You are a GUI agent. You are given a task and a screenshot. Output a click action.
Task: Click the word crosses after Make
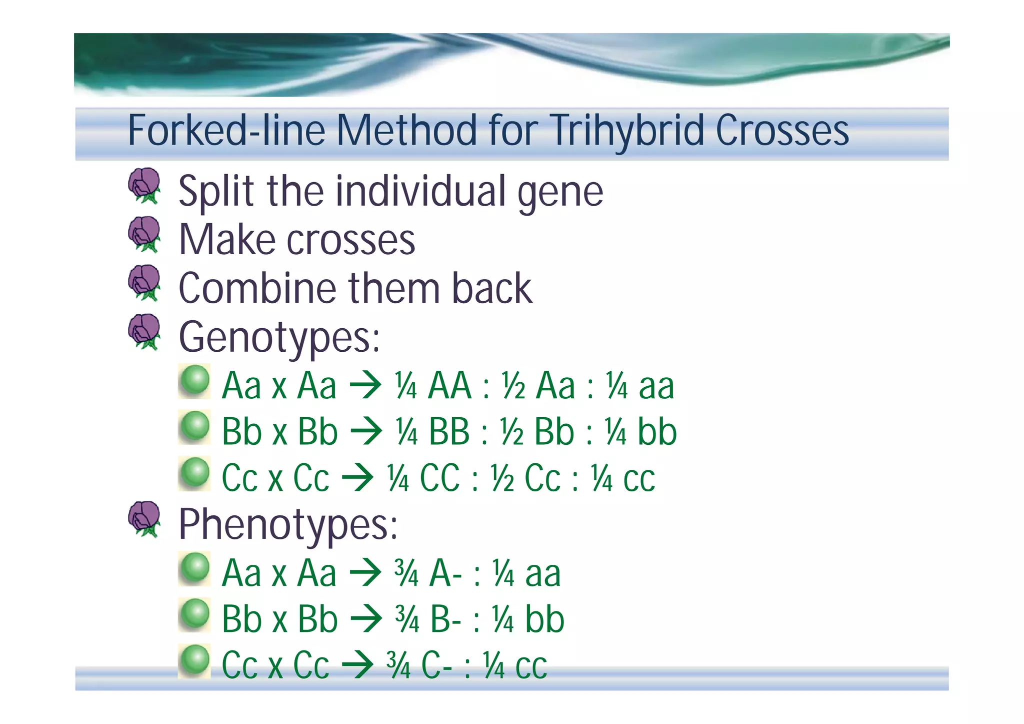(350, 240)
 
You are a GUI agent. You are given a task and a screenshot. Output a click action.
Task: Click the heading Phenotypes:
(288, 524)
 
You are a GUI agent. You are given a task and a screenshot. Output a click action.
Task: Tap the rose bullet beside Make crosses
(144, 234)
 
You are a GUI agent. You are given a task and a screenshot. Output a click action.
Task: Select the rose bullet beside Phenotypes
(144, 519)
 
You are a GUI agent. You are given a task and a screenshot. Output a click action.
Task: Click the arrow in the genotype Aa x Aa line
(365, 386)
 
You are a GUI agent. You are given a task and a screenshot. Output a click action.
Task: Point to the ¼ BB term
(432, 432)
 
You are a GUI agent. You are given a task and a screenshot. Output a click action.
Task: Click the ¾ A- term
(428, 573)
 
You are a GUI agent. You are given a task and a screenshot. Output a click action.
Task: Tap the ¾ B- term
(428, 619)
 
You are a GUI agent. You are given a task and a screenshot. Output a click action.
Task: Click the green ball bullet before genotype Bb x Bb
(194, 427)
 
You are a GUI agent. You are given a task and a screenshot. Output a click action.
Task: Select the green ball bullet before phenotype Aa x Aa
(194, 568)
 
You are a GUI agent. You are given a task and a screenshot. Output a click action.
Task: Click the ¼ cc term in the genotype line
(623, 478)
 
